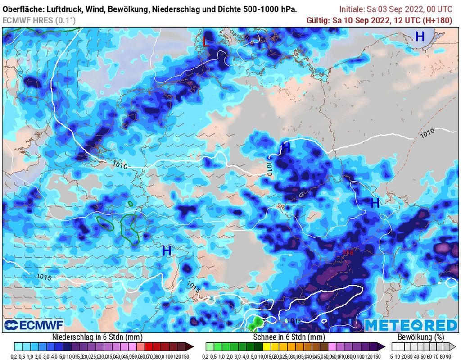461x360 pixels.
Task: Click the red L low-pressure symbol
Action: [206, 42]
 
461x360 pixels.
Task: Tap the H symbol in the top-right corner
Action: [420, 37]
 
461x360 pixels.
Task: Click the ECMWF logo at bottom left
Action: [34, 325]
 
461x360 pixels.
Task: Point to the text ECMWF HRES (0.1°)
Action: [39, 20]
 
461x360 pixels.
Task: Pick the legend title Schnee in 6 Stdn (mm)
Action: [289, 337]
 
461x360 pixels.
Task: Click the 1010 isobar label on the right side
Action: [427, 134]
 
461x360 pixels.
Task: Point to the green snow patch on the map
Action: [256, 322]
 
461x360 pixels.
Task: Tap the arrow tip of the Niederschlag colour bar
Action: [191, 346]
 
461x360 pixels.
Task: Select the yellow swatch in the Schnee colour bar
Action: [267, 346]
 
